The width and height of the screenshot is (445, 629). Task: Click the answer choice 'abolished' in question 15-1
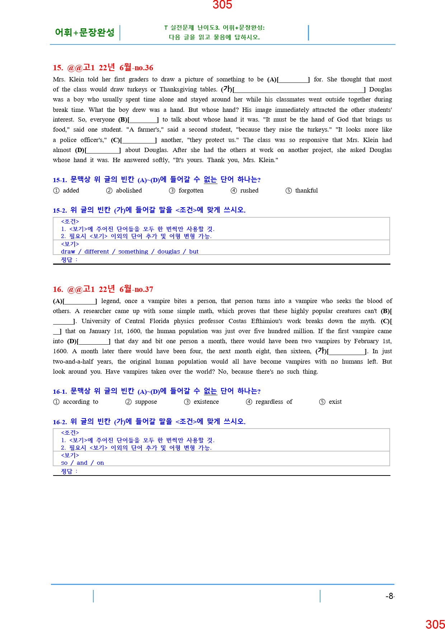pyautogui.click(x=128, y=190)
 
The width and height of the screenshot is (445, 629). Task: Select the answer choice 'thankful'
pyautogui.click(x=306, y=190)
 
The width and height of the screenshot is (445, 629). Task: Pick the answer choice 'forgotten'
pyautogui.click(x=191, y=190)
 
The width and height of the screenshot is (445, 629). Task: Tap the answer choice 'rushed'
pyautogui.click(x=249, y=190)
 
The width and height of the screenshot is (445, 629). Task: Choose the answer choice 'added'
pyautogui.click(x=71, y=190)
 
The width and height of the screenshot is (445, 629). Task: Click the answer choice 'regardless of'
pyautogui.click(x=273, y=402)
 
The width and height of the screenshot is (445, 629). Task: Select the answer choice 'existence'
pyautogui.click(x=206, y=402)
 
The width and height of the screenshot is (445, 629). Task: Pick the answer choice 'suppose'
pyautogui.click(x=146, y=402)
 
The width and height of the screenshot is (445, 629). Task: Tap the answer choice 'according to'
pyautogui.click(x=80, y=402)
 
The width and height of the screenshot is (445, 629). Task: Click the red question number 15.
pyautogui.click(x=58, y=68)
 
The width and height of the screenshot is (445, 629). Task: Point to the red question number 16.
pyautogui.click(x=58, y=289)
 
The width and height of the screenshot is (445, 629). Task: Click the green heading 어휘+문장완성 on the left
pyautogui.click(x=85, y=33)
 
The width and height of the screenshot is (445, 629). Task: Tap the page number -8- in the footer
pyautogui.click(x=390, y=596)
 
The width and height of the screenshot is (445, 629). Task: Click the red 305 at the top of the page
pyautogui.click(x=222, y=5)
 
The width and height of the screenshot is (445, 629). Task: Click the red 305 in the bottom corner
pyautogui.click(x=435, y=624)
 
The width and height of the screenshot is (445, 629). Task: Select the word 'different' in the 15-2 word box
pyautogui.click(x=97, y=251)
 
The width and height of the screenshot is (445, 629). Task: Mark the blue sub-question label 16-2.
pyautogui.click(x=60, y=422)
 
